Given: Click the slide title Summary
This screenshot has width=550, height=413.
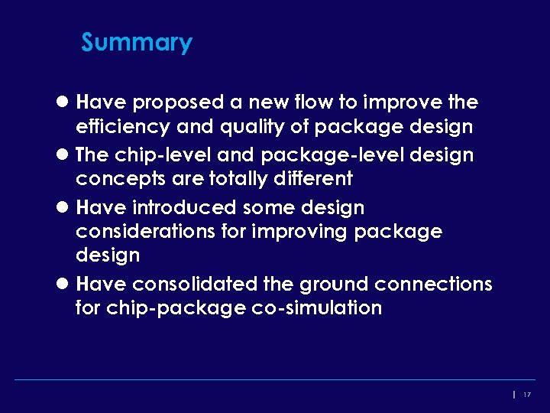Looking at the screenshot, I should click(x=137, y=42).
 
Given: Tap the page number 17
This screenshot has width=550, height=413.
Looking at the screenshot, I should click(x=527, y=395).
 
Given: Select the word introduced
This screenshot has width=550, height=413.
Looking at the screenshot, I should click(x=184, y=208).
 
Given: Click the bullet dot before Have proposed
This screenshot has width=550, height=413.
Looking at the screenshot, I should click(x=65, y=102).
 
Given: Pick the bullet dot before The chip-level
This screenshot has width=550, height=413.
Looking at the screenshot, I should click(x=65, y=155).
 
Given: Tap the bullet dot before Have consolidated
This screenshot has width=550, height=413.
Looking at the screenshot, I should click(x=65, y=285).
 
